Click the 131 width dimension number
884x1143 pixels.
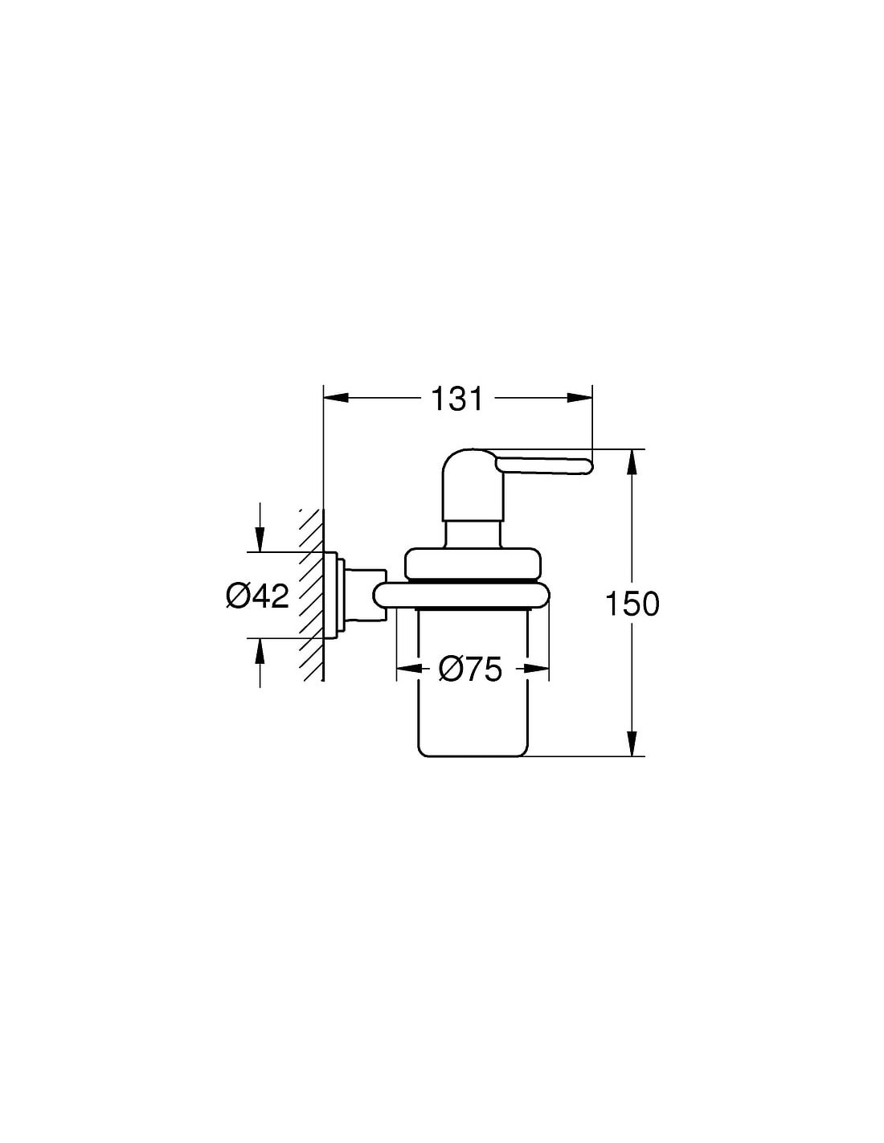click(456, 399)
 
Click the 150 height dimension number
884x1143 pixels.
click(632, 604)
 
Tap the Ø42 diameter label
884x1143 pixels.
click(257, 596)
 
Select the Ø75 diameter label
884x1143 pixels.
click(469, 670)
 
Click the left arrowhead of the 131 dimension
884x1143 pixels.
click(335, 399)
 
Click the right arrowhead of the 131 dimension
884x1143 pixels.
click(579, 399)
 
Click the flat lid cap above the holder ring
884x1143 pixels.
click(471, 564)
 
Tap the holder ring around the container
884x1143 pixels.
click(462, 594)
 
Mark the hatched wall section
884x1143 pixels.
click(311, 595)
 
